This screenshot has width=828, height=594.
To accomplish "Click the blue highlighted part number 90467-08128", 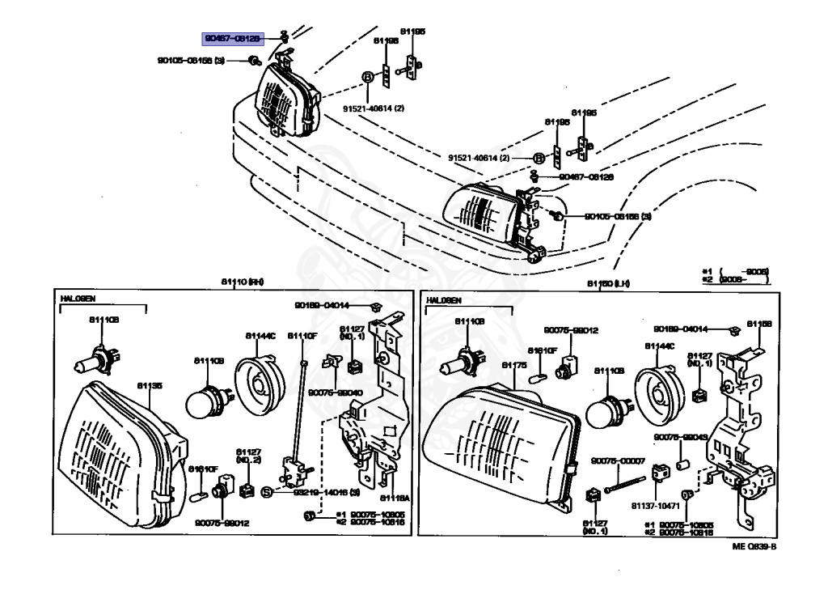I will (233, 39).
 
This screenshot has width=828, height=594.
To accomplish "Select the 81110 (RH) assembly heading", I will (243, 282).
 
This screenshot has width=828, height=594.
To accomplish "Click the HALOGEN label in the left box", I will (78, 299).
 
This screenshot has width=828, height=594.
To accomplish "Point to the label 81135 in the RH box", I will (149, 386).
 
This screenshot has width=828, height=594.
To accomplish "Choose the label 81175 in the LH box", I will (514, 366).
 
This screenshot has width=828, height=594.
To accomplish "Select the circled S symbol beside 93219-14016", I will (265, 491).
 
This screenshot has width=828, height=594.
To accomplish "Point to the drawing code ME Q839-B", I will (754, 547).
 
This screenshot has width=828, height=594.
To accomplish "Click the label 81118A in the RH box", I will (391, 498).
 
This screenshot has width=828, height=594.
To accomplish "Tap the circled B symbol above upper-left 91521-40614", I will (367, 76).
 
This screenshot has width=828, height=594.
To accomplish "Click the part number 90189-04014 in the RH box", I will (322, 305).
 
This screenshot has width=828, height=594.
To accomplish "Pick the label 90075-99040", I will (338, 392).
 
